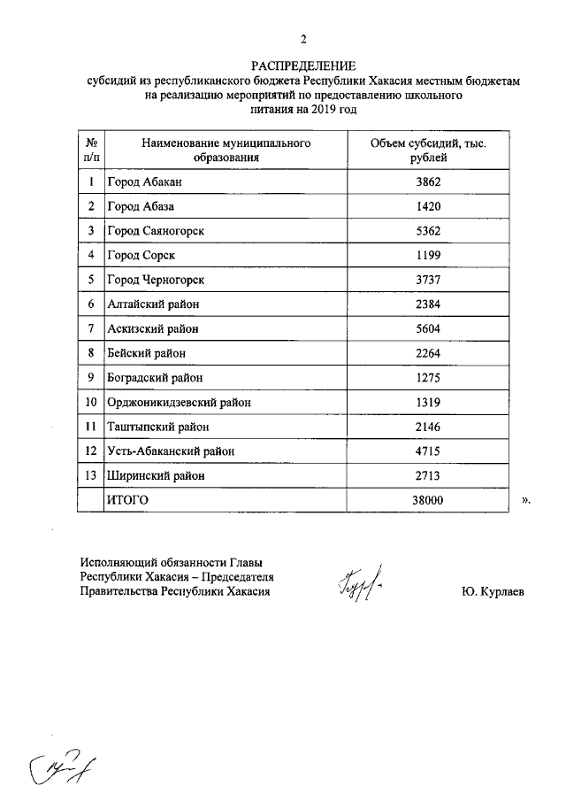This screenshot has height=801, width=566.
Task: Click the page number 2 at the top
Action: pos(302,38)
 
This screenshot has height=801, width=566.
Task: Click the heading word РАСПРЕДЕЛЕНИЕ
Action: pos(302,66)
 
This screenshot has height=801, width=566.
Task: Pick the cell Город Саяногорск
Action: pos(156,231)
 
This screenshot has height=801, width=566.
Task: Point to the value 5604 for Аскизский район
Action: pos(427,328)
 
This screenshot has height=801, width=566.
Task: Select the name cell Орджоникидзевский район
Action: pos(179,402)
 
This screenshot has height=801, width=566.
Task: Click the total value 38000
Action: pos(427,500)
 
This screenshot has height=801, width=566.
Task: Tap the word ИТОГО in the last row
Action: pos(127,500)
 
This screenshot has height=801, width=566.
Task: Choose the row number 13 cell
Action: pos(90,475)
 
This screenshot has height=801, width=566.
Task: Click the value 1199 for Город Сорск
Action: pos(427,255)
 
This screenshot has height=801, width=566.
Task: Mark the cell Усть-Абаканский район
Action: pos(171,451)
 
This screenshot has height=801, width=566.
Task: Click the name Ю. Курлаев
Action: pos(492,591)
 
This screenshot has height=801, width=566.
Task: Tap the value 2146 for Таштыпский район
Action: pos(427,427)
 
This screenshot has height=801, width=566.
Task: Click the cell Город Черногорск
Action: pos(156,280)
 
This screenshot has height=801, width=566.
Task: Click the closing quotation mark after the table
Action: pos(525,501)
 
